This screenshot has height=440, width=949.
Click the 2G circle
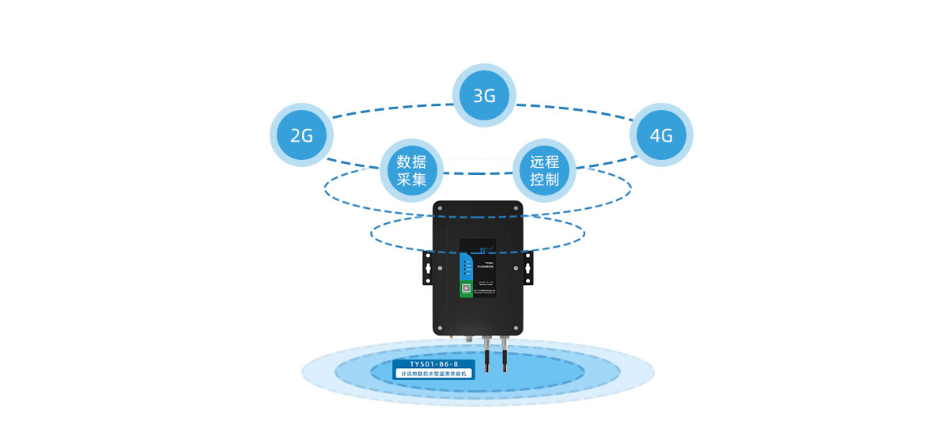coord(302,135)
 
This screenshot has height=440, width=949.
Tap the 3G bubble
coord(484,97)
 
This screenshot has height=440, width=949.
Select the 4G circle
coord(661,135)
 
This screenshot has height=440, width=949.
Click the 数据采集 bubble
coord(412,171)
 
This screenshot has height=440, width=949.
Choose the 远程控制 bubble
coord(545,171)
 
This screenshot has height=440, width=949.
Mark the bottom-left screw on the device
coord(440,328)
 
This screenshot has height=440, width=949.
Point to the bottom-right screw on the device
coord(516,328)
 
